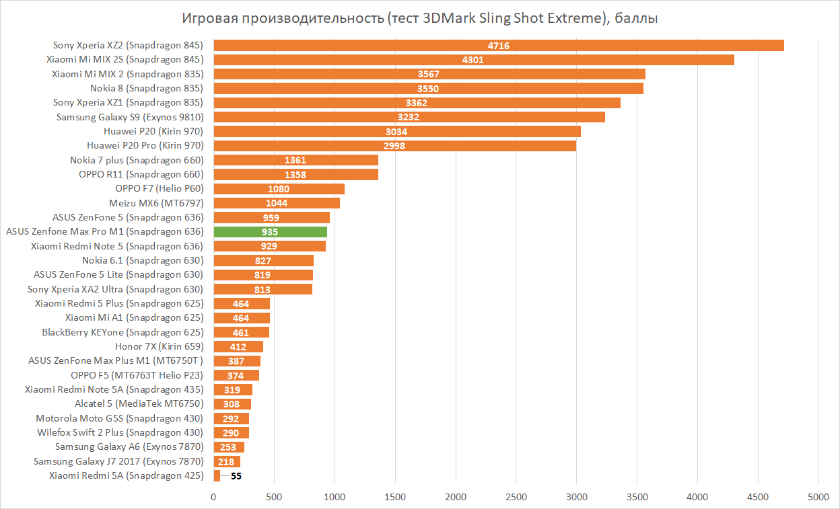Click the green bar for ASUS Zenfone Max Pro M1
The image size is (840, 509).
click(x=270, y=232)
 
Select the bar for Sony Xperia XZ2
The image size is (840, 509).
click(x=498, y=46)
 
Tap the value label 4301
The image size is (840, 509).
click(x=473, y=60)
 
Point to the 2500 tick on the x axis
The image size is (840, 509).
click(x=516, y=497)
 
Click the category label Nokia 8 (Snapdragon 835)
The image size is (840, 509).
click(x=147, y=88)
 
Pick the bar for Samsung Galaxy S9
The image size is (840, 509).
click(x=409, y=117)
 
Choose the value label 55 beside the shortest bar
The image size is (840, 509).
click(x=236, y=476)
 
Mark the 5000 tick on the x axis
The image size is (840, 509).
click(x=818, y=497)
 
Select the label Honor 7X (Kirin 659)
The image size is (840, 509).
click(x=159, y=346)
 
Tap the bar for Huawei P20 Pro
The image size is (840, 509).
click(x=394, y=146)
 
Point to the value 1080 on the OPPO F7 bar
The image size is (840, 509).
click(x=279, y=189)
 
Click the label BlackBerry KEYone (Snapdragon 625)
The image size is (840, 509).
click(x=123, y=332)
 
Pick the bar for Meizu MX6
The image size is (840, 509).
click(x=277, y=203)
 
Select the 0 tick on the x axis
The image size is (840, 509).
click(x=214, y=497)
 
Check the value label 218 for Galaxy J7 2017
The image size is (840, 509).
click(x=227, y=462)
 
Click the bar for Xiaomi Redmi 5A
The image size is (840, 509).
click(x=217, y=476)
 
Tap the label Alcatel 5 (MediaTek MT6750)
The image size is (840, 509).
click(x=139, y=404)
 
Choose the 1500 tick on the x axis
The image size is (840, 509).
click(x=395, y=497)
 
